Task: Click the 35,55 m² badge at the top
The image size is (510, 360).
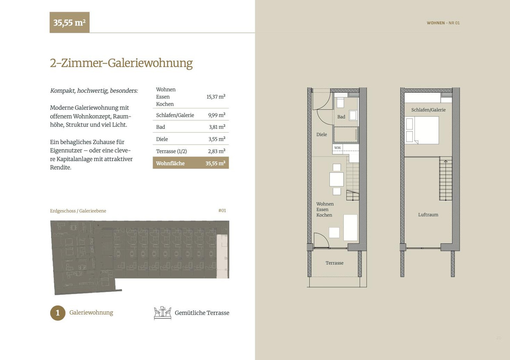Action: click(x=69, y=23)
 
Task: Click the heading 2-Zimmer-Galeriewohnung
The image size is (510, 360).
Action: click(x=122, y=63)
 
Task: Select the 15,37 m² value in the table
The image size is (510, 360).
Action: click(x=216, y=97)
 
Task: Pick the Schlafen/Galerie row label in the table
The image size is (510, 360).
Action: click(x=175, y=115)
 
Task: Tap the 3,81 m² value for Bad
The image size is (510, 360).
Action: click(x=217, y=127)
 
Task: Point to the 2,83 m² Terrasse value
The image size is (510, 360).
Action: click(x=216, y=151)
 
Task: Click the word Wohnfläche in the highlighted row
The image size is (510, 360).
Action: click(x=170, y=163)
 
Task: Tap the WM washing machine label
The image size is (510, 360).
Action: click(x=337, y=148)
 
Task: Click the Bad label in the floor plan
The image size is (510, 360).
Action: click(x=341, y=117)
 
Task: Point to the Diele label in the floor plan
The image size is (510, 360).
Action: click(x=321, y=134)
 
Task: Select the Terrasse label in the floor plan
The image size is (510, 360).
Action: click(x=334, y=263)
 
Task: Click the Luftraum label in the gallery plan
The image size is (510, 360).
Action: click(x=428, y=215)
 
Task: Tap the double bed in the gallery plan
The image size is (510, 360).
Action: click(x=422, y=130)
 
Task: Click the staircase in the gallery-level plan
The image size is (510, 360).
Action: click(x=445, y=179)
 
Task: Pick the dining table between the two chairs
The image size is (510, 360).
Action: click(x=337, y=179)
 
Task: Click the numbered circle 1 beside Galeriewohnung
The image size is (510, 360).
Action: click(x=58, y=313)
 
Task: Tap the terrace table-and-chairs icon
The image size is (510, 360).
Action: click(x=162, y=313)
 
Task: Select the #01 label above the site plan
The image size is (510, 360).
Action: click(x=222, y=210)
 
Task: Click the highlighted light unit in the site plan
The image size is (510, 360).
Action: click(x=222, y=256)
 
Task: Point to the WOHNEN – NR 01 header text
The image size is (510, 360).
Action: click(x=443, y=23)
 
